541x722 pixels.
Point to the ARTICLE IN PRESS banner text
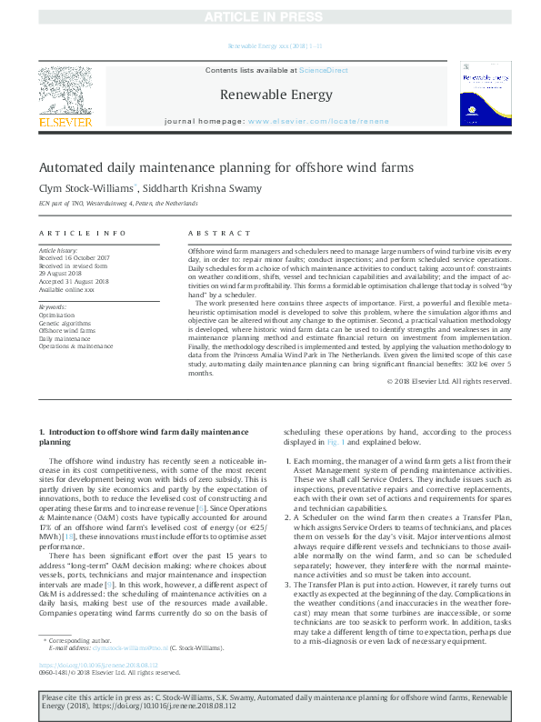click(270, 17)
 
